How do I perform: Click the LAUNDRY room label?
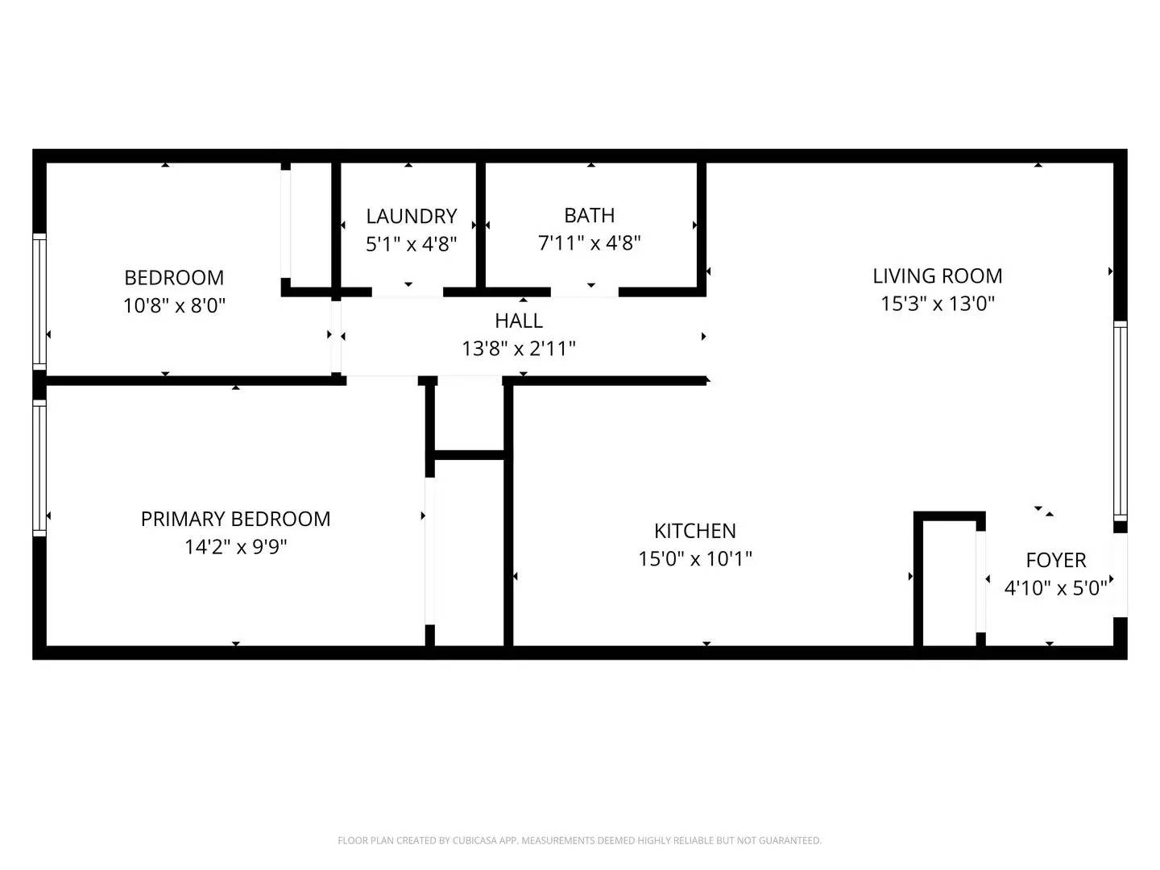pyautogui.click(x=411, y=216)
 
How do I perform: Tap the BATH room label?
pyautogui.click(x=589, y=215)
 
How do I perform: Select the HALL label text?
pyautogui.click(x=519, y=321)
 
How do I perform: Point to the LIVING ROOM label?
pyautogui.click(x=937, y=275)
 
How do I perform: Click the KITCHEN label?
pyautogui.click(x=695, y=531)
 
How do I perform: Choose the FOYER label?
pyautogui.click(x=1056, y=560)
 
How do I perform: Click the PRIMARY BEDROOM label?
pyautogui.click(x=236, y=519)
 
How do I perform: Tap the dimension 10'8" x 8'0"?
pyautogui.click(x=174, y=305)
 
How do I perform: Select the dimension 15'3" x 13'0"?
pyautogui.click(x=938, y=303)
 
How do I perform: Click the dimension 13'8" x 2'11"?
pyautogui.click(x=519, y=348)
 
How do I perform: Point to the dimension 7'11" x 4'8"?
pyautogui.click(x=589, y=243)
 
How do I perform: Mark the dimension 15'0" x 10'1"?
pyautogui.click(x=695, y=558)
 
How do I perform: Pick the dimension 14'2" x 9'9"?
pyautogui.click(x=236, y=546)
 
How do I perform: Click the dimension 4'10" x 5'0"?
pyautogui.click(x=1056, y=587)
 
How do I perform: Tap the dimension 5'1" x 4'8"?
pyautogui.click(x=411, y=244)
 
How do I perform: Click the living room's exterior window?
pyautogui.click(x=1120, y=421)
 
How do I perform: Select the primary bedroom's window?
pyautogui.click(x=39, y=468)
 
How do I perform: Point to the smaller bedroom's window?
pyautogui.click(x=39, y=301)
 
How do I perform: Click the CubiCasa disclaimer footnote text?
pyautogui.click(x=579, y=840)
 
